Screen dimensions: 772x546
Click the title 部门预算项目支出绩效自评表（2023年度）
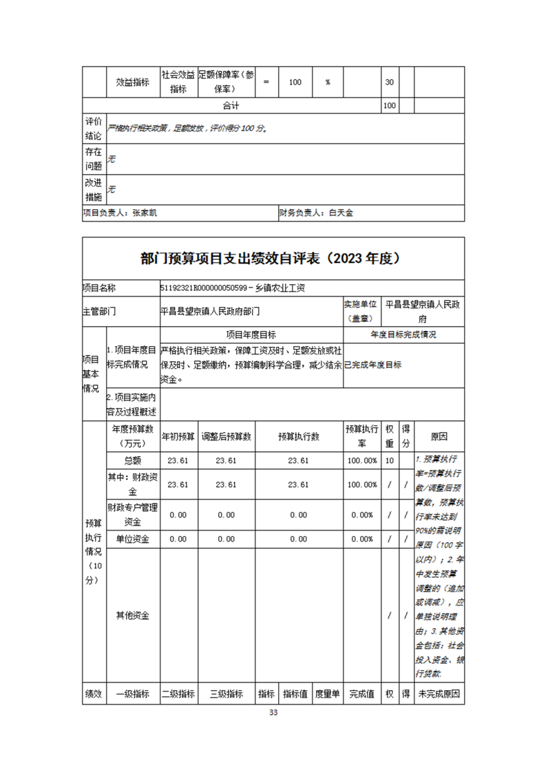pos(273,259)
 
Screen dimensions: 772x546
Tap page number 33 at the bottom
pos(273,712)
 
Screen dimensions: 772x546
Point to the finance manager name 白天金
pos(340,213)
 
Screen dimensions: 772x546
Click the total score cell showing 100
pos(389,105)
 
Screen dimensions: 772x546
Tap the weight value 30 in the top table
pos(389,82)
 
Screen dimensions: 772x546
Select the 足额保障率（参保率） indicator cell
pos(226,82)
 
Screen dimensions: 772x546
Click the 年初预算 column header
pos(178,436)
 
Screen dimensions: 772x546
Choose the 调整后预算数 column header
pos(226,436)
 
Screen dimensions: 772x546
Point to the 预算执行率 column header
pos(361,436)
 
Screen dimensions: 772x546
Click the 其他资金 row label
pos(133,614)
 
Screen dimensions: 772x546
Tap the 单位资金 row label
pos(133,539)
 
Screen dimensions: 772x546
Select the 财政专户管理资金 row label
pos(133,515)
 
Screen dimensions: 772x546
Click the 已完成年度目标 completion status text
pos(372,365)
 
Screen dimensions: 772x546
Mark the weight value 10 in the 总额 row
pos(390,460)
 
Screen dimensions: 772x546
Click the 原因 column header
pos(439,436)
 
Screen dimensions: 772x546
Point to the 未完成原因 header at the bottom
pos(439,694)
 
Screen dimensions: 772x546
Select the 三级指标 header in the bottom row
pos(226,694)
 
